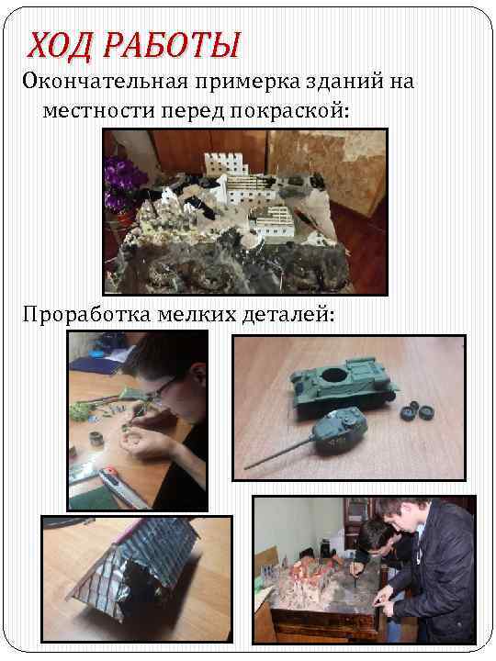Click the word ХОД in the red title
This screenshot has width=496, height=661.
tap(59, 45)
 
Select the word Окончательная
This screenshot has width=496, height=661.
tap(105, 82)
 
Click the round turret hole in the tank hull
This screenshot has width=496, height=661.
tap(334, 375)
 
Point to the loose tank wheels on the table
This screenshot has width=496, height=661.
tap(417, 410)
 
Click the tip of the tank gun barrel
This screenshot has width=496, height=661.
tap(245, 468)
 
